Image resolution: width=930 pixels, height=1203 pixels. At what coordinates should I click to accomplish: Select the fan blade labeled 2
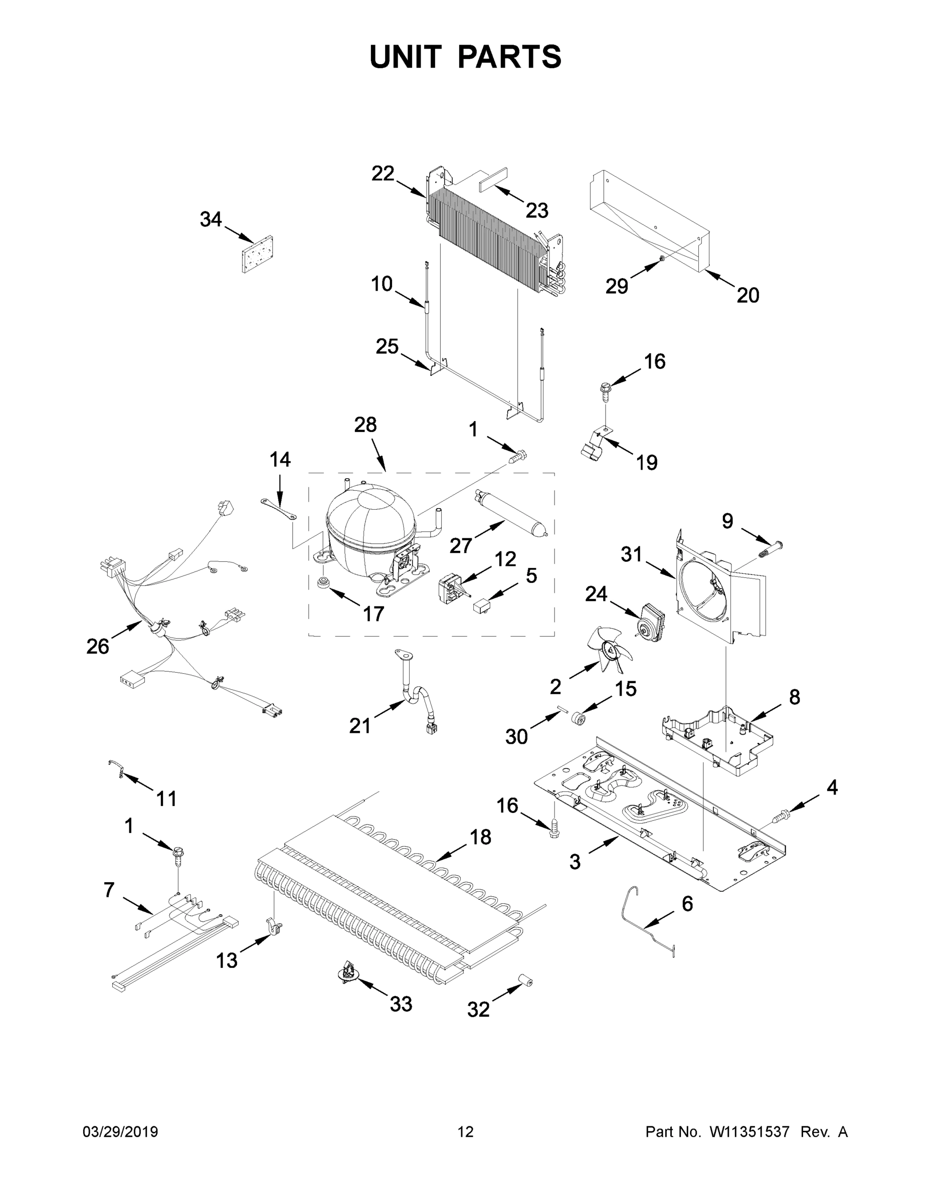pos(612,651)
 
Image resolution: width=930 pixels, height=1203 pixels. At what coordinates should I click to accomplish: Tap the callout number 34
pos(211,219)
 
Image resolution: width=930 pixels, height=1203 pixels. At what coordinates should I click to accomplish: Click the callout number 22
pos(383,173)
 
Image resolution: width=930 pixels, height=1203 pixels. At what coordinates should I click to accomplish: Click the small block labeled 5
pos(479,606)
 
